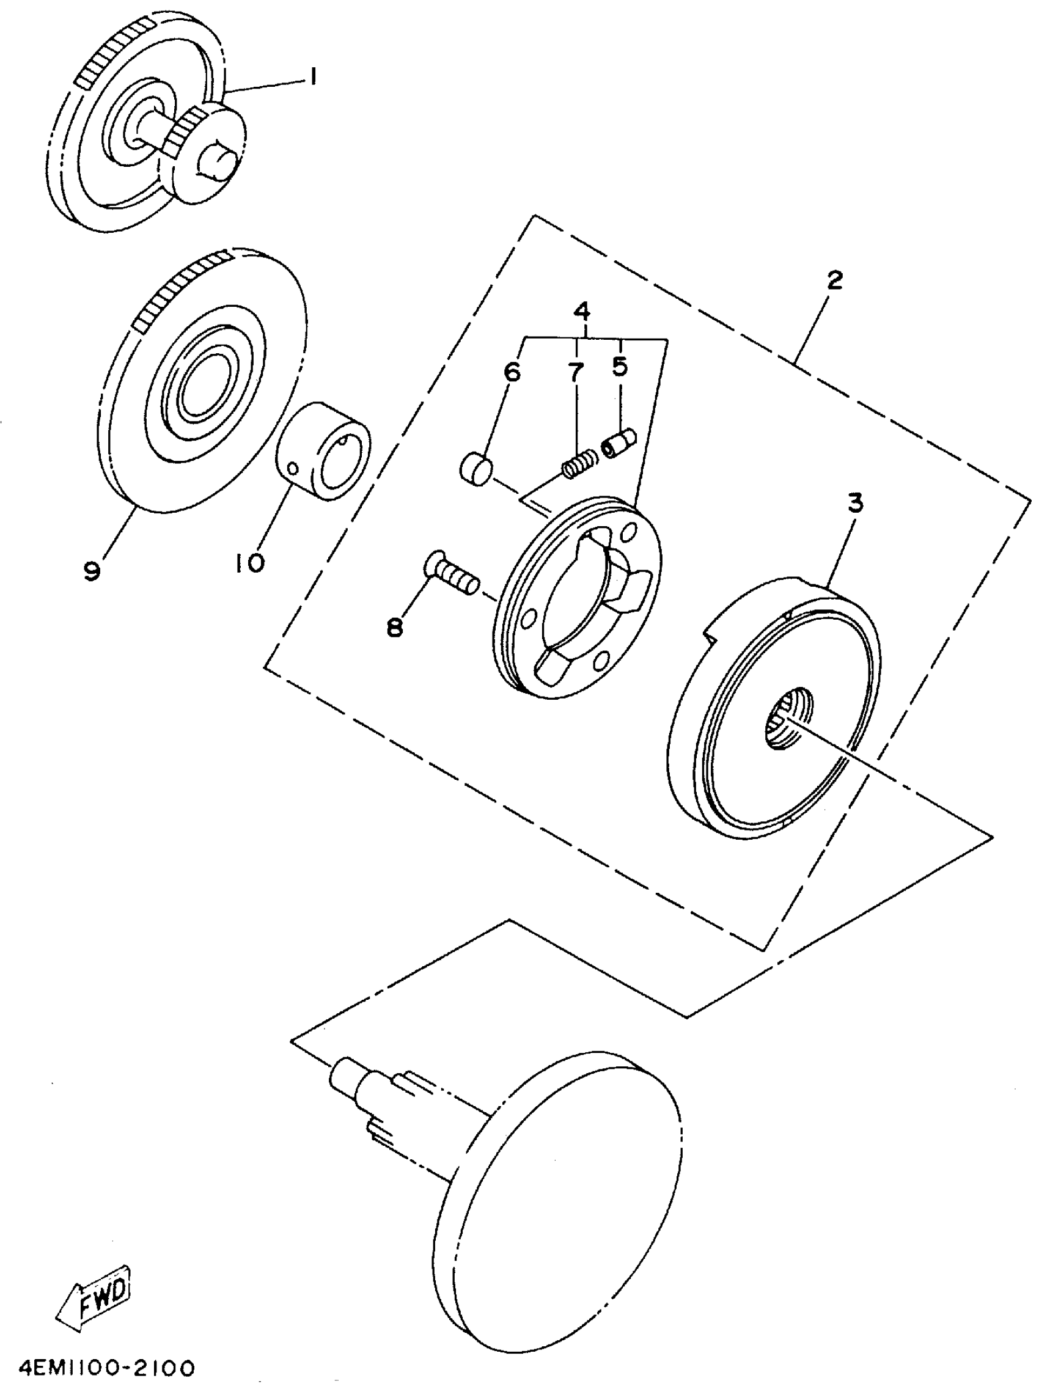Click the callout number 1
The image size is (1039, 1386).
point(312,77)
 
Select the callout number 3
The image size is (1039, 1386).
point(856,502)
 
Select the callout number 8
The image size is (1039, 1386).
point(394,626)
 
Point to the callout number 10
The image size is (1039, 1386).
point(250,563)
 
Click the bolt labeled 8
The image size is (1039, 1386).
point(451,573)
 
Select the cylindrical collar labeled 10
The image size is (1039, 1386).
point(323,451)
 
